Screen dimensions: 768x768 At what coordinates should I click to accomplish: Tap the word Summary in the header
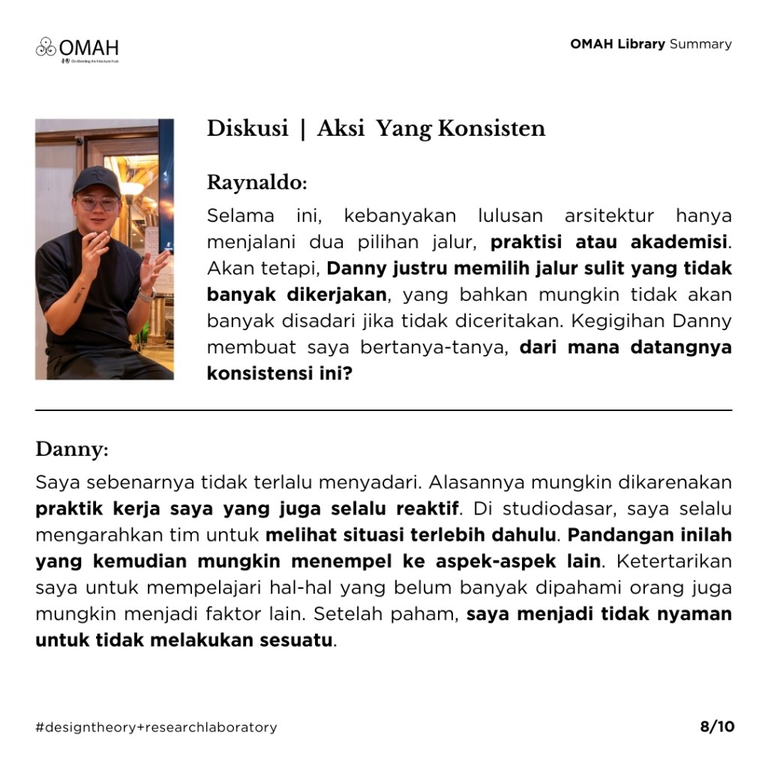point(700,43)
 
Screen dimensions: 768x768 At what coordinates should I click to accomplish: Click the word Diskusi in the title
point(247,129)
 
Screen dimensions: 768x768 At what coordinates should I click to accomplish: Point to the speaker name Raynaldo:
point(256,182)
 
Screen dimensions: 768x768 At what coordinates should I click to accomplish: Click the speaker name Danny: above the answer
point(72,450)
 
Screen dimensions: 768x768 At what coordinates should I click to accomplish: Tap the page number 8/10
point(717,726)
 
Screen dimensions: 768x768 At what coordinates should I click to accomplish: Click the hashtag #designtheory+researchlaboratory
point(156,727)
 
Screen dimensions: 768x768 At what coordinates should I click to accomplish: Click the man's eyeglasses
point(97,202)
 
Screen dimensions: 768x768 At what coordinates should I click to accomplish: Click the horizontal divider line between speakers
point(383,410)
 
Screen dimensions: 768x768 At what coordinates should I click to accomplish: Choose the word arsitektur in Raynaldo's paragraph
point(608,216)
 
